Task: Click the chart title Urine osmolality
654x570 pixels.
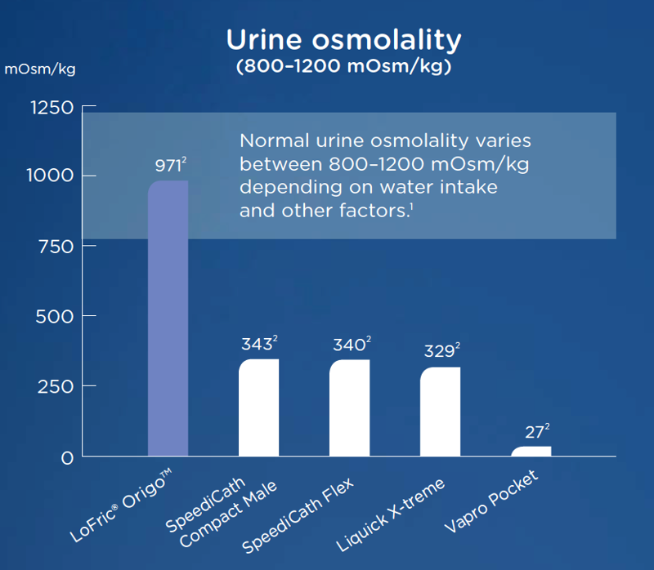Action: [x=343, y=40]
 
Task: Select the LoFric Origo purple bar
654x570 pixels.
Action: [x=168, y=318]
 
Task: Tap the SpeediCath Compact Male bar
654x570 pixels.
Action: [x=258, y=407]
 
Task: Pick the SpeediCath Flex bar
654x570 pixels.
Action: [x=350, y=408]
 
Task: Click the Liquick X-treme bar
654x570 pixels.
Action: [x=440, y=412]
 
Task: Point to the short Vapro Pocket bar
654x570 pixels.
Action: [x=531, y=452]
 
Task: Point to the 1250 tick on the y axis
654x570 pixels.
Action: [x=52, y=108]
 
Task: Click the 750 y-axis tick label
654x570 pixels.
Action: [x=56, y=247]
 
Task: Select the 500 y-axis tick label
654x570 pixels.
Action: [x=55, y=317]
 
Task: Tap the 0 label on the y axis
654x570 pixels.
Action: [x=67, y=458]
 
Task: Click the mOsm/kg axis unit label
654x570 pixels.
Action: [x=40, y=69]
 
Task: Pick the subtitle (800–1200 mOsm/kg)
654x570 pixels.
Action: [x=343, y=66]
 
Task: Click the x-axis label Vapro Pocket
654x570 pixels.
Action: [x=491, y=501]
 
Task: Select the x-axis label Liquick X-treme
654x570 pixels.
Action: [x=391, y=515]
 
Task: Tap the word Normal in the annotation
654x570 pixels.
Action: [x=275, y=140]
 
